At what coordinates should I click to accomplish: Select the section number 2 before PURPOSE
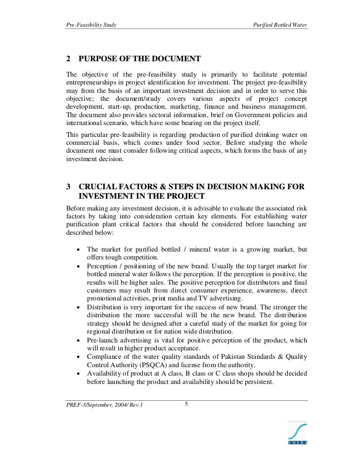pos(68,59)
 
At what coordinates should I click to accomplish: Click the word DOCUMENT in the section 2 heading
pos(176,59)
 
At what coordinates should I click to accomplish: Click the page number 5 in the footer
pos(186,404)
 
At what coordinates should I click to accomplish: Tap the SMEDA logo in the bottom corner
pos(297,431)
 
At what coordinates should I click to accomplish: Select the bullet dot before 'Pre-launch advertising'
pos(79,340)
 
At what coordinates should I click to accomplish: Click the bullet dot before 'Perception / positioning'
pos(79,266)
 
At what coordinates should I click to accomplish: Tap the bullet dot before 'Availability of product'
pos(79,373)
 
